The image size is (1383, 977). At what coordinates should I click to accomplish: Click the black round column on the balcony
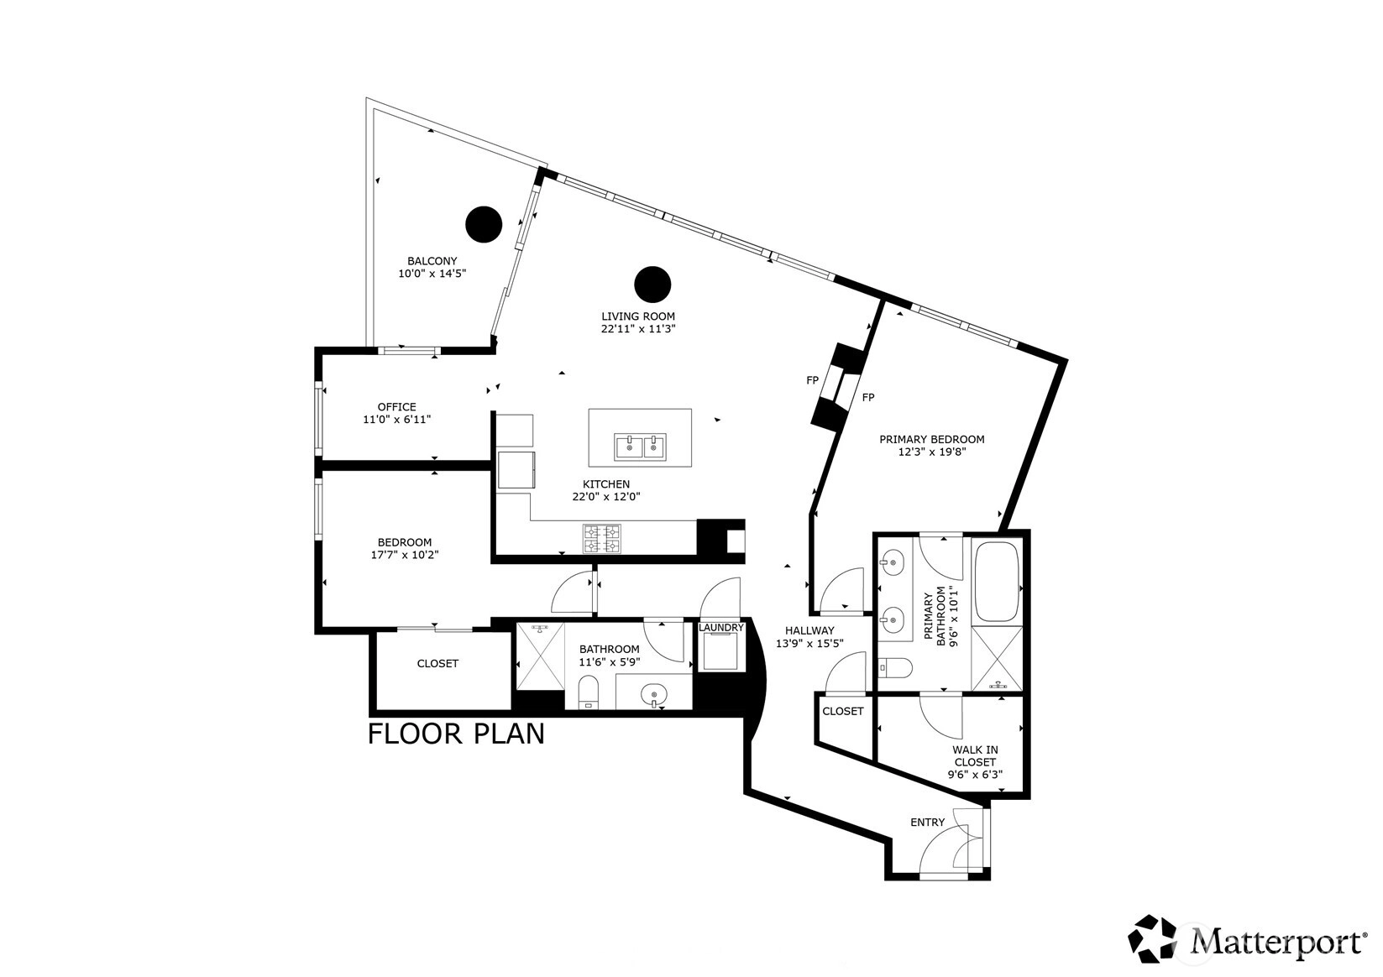coord(484,224)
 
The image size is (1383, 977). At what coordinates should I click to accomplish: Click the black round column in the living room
coord(652,285)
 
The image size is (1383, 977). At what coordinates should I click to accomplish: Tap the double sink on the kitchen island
coord(640,447)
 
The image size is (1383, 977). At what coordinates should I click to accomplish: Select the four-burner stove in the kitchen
coord(602,538)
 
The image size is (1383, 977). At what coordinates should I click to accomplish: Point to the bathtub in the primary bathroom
coord(997,582)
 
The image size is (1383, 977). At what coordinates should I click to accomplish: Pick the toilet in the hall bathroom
coord(589,692)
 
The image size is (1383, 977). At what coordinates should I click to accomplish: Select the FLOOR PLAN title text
coord(456,734)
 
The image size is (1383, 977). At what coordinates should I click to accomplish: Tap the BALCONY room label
coord(432,261)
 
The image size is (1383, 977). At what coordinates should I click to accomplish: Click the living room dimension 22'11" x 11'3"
coord(638,329)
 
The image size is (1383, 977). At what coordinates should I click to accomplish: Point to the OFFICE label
coord(397,407)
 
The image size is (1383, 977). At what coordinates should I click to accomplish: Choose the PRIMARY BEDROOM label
coord(932,440)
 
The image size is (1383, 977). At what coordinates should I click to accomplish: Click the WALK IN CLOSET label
coord(975,756)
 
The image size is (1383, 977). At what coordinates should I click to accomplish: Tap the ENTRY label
coord(927,822)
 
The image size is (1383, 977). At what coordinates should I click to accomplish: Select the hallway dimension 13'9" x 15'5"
coord(809,643)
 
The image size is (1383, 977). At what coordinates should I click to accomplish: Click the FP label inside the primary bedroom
coord(868,398)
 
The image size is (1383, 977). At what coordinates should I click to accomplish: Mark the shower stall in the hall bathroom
coord(540,656)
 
